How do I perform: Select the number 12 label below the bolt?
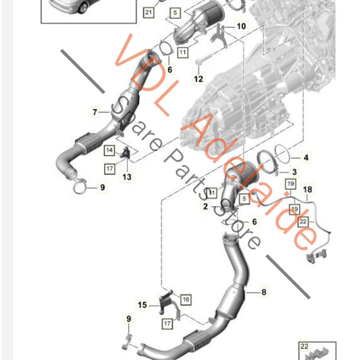pos(198,79)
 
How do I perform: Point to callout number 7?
pos(95,112)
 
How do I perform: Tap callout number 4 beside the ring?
pos(305,158)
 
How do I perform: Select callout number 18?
pos(308,190)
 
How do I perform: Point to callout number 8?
pos(263,292)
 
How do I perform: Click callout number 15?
pos(143,305)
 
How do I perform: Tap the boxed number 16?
pos(186,299)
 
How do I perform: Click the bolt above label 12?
pos(198,63)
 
